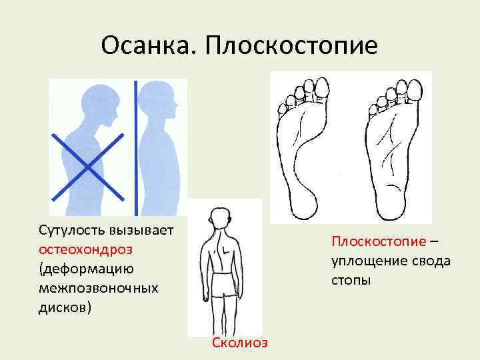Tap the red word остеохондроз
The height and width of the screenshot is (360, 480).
tap(85, 249)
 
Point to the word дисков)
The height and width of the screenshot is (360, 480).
tap(65, 308)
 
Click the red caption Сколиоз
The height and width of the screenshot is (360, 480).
tap(240, 343)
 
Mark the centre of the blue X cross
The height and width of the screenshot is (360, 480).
tap(89, 166)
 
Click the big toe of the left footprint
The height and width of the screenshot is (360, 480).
tap(322, 87)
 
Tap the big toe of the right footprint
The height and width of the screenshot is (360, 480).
tap(414, 88)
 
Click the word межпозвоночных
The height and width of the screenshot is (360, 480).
tap(99, 288)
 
